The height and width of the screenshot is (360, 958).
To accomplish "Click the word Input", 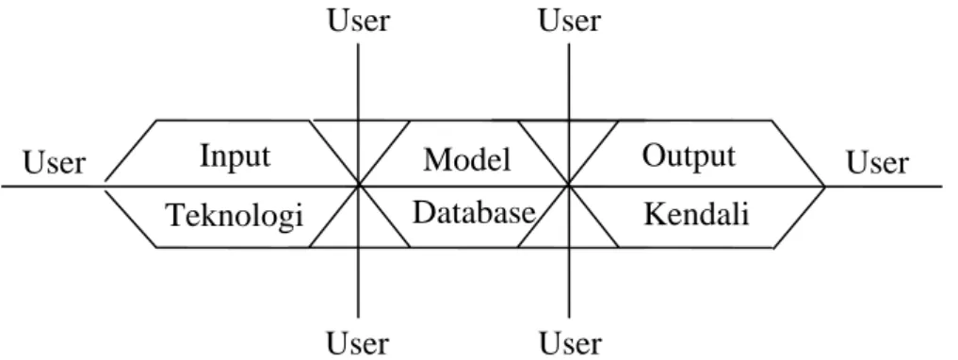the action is [x=235, y=157].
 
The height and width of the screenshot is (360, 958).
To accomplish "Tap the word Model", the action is [x=467, y=160].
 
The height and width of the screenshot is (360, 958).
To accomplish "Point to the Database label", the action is [x=474, y=213].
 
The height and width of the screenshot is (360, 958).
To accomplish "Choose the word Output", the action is [x=689, y=156].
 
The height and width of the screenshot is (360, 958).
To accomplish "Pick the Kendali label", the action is [x=696, y=215].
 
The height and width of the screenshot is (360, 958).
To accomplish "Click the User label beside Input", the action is [x=55, y=164].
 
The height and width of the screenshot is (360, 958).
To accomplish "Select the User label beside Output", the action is [x=877, y=163].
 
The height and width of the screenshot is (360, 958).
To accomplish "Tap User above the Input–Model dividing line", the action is [x=359, y=21].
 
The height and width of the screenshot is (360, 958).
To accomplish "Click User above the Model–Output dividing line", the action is [x=569, y=21].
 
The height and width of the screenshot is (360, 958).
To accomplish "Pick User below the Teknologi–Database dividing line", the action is [x=357, y=343].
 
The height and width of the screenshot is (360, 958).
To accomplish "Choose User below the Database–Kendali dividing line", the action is [x=570, y=343].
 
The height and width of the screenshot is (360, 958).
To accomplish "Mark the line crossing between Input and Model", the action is [x=358, y=185].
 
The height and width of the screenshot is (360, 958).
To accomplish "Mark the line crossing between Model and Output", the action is [x=569, y=185].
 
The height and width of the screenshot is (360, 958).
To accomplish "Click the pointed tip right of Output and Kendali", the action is [x=825, y=186].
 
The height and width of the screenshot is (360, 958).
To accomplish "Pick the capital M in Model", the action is [x=437, y=161].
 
